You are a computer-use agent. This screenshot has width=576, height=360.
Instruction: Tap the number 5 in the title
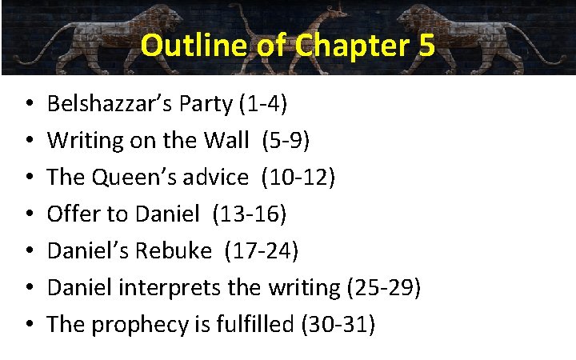(x=425, y=46)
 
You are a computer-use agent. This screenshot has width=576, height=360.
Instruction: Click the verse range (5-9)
(x=281, y=140)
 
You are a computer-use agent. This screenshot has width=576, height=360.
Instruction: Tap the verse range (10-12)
(x=304, y=177)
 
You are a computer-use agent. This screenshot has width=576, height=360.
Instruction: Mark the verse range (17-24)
(x=262, y=250)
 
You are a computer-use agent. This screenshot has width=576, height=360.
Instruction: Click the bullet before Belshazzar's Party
(x=28, y=104)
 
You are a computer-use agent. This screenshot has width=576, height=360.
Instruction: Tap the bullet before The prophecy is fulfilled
(x=28, y=325)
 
